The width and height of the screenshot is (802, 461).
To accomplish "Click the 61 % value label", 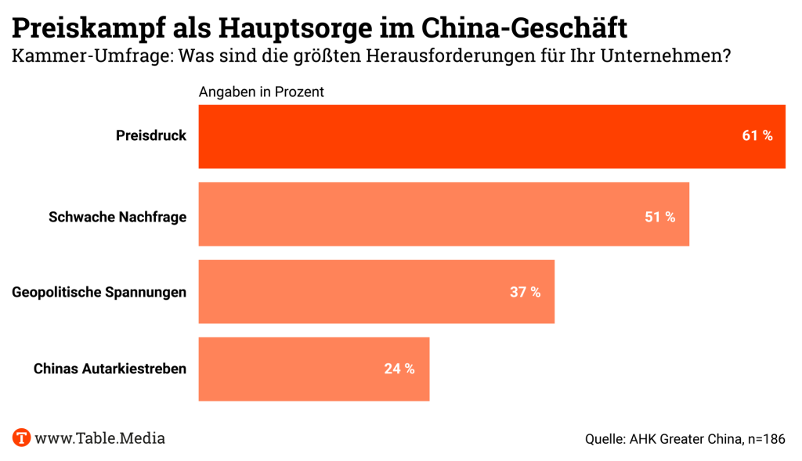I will pos(757,136).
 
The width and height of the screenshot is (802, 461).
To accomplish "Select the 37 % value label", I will pos(526,293).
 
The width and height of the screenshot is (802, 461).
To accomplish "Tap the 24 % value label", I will pos(399,369).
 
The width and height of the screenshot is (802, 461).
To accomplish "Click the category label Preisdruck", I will pos(151,136).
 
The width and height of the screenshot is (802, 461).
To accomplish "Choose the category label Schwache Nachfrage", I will pos(117,218).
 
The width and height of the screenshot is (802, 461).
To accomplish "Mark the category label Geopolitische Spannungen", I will pos(99,293).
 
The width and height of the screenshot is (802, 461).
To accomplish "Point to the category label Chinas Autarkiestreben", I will pos(110,369).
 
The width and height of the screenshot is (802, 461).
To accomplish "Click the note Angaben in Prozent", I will pos(262,92).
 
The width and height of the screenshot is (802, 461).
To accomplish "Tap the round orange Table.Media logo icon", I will pos(21,438).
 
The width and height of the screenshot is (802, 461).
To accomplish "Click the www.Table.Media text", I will pos(100,438).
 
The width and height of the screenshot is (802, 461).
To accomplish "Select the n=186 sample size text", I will pos(764,439).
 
